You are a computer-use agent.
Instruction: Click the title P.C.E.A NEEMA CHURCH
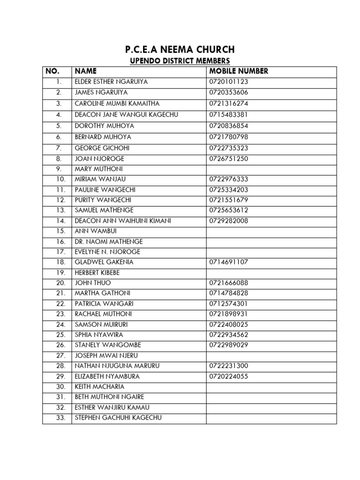pyautogui.click(x=180, y=50)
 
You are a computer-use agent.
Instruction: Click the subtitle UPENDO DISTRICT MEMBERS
pyautogui.click(x=180, y=61)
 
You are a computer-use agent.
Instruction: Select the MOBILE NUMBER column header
pyautogui.click(x=239, y=71)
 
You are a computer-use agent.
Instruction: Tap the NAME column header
pyautogui.click(x=85, y=71)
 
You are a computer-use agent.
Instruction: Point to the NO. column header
pyautogui.click(x=52, y=71)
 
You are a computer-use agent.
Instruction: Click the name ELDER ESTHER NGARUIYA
pyautogui.click(x=111, y=82)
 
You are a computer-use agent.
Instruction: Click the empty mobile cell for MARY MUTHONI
pyautogui.click(x=271, y=169)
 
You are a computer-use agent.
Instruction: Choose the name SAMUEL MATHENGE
pyautogui.click(x=104, y=210)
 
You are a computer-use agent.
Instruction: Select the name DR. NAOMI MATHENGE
pyautogui.click(x=109, y=241)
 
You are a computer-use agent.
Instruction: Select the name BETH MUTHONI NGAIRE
pyautogui.click(x=109, y=397)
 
